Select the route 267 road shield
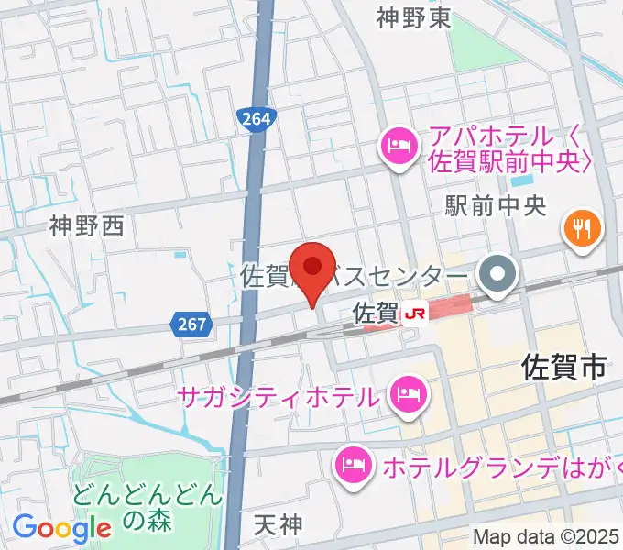[x=191, y=323]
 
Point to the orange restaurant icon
[x=582, y=226]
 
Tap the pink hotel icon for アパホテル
[x=399, y=145]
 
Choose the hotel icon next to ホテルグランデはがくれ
[x=353, y=465]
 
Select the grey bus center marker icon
[x=498, y=274]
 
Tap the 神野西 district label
[x=86, y=225]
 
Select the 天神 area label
[x=277, y=525]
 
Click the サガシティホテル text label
[x=279, y=398]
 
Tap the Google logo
[x=61, y=528]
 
